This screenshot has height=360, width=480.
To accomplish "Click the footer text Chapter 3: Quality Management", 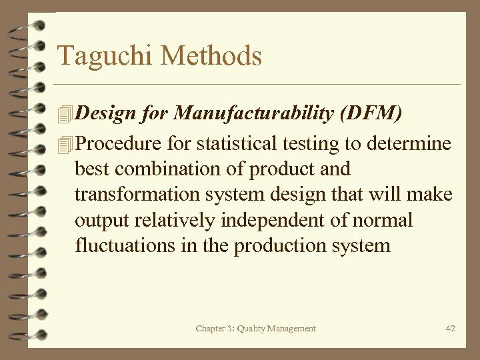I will (x=256, y=328).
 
